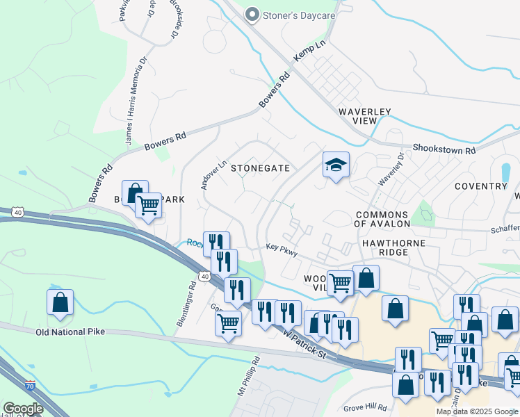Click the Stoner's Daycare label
[298, 15]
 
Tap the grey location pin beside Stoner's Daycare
[252, 15]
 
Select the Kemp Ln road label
[309, 52]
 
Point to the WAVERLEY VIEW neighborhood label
[365, 116]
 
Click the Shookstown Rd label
[444, 149]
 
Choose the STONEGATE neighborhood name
[260, 168]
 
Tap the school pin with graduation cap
[336, 165]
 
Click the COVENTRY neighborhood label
[480, 186]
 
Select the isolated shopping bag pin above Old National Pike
[60, 302]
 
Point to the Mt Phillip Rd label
[248, 375]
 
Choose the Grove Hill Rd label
[365, 407]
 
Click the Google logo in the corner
[22, 408]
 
